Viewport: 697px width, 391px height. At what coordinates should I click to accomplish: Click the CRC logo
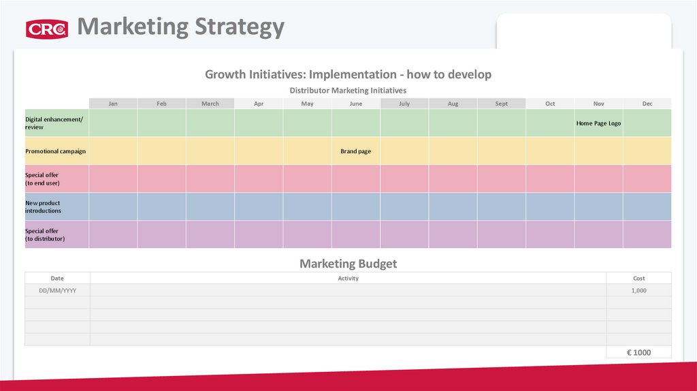pyautogui.click(x=47, y=29)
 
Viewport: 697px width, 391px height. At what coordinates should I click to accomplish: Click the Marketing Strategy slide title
pyautogui.click(x=180, y=27)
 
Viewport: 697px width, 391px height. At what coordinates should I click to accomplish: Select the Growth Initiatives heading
pyautogui.click(x=348, y=74)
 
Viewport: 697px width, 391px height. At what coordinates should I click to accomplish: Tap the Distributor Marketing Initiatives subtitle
pyautogui.click(x=348, y=90)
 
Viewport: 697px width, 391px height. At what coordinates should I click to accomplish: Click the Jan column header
pyautogui.click(x=113, y=104)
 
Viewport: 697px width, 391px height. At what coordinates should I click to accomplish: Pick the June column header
pyautogui.click(x=356, y=104)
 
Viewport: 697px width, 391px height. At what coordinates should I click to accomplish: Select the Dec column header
pyautogui.click(x=647, y=104)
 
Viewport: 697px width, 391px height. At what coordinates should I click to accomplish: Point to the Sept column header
pyautogui.click(x=501, y=104)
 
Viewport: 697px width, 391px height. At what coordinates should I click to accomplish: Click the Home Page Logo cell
pyautogui.click(x=598, y=123)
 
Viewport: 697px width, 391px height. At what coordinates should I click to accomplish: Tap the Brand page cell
pyautogui.click(x=356, y=151)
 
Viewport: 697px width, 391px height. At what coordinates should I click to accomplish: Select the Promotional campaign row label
pyautogui.click(x=56, y=151)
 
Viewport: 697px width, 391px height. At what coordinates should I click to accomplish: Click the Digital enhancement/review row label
pyautogui.click(x=54, y=123)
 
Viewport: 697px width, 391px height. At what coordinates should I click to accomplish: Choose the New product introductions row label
pyautogui.click(x=44, y=207)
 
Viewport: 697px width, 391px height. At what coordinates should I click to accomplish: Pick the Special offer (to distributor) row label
pyautogui.click(x=45, y=235)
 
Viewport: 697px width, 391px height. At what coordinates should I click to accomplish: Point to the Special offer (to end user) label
pyautogui.click(x=42, y=179)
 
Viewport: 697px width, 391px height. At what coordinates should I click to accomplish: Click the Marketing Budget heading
pyautogui.click(x=348, y=264)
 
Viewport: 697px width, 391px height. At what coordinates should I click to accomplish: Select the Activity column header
pyautogui.click(x=348, y=278)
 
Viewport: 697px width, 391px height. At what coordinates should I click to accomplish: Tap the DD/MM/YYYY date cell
pyautogui.click(x=57, y=290)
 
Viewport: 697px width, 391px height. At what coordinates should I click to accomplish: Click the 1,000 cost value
pyautogui.click(x=638, y=290)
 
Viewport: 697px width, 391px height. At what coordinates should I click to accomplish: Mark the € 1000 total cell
pyautogui.click(x=638, y=352)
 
